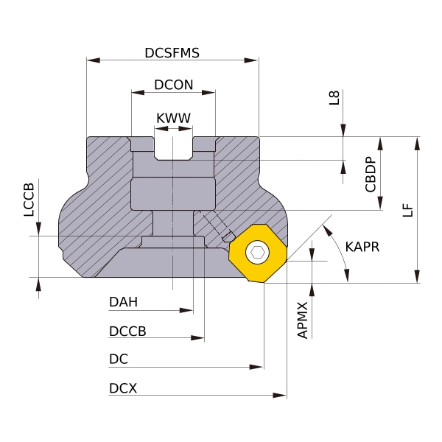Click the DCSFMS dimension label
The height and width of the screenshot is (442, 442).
click(x=172, y=53)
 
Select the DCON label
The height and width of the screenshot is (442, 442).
click(x=174, y=85)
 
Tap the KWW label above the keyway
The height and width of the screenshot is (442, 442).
click(x=173, y=119)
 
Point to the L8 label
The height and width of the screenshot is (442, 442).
click(x=334, y=97)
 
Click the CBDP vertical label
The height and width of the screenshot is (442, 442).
click(x=371, y=175)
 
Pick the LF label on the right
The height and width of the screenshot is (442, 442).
click(x=407, y=210)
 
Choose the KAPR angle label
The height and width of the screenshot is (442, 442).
click(x=362, y=248)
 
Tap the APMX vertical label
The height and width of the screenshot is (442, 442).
click(x=303, y=320)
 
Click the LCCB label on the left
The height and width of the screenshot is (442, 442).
click(x=29, y=200)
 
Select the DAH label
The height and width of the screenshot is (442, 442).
click(x=124, y=302)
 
